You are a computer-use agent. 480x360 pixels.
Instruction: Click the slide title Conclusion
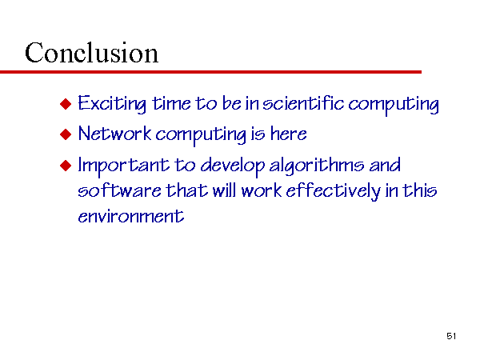(91, 53)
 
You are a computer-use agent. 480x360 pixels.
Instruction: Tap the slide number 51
(451, 336)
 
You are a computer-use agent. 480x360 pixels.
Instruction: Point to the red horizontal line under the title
(210, 72)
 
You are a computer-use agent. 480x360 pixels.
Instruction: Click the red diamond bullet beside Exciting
(66, 104)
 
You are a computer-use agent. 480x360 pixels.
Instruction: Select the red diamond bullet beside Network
(66, 134)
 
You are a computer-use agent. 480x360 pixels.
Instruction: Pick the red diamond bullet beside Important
(66, 166)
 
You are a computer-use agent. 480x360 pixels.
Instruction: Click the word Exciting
(112, 104)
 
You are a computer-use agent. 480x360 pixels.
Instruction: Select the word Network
(114, 134)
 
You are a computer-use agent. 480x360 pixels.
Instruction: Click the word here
(288, 134)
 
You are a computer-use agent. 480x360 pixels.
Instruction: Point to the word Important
(123, 166)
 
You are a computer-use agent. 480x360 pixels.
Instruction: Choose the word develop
(232, 166)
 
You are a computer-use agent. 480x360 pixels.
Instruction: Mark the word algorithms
(317, 166)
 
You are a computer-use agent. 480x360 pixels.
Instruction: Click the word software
(119, 190)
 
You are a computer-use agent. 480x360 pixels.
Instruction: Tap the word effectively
(333, 191)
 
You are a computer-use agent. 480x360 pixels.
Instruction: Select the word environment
(130, 215)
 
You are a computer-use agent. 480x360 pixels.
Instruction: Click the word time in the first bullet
(171, 103)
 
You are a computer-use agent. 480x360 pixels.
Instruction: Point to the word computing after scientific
(394, 105)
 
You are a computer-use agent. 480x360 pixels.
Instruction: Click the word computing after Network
(201, 135)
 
